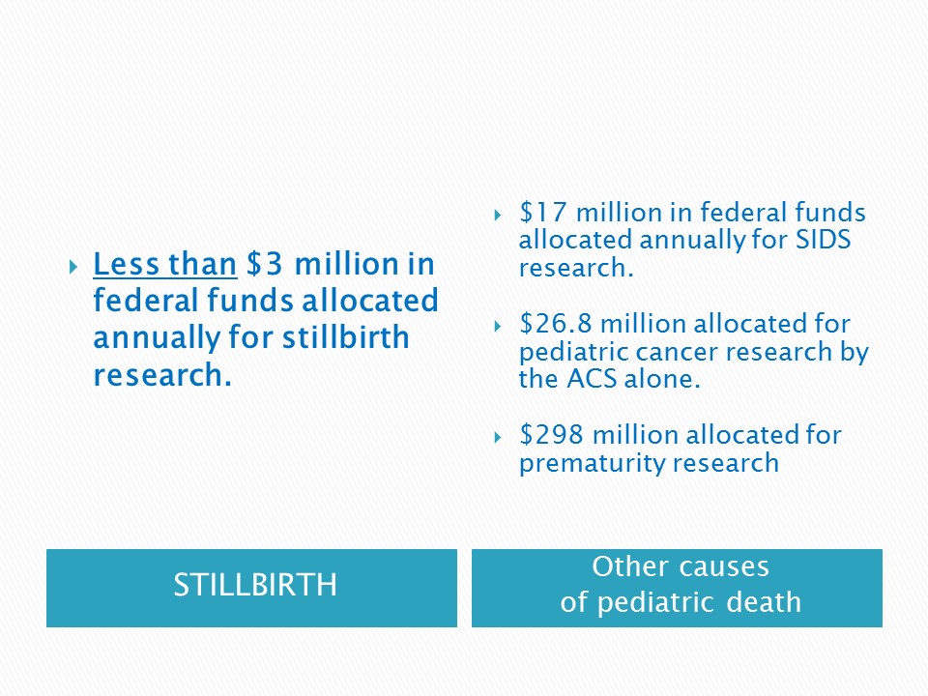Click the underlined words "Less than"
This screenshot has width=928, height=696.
(x=165, y=264)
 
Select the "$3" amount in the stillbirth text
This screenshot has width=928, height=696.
(x=265, y=264)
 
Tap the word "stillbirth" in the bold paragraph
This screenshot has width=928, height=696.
(x=346, y=337)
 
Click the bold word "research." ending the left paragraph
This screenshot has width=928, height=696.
(x=162, y=375)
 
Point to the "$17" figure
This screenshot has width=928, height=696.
(x=542, y=212)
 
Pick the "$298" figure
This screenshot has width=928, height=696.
(x=551, y=435)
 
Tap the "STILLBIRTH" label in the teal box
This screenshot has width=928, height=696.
(x=255, y=586)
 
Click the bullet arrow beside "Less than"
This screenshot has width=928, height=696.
(x=73, y=268)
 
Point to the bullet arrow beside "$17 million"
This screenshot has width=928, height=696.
(x=498, y=215)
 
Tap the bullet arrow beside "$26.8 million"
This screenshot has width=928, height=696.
(x=498, y=326)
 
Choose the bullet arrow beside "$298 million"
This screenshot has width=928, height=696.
(x=498, y=437)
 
